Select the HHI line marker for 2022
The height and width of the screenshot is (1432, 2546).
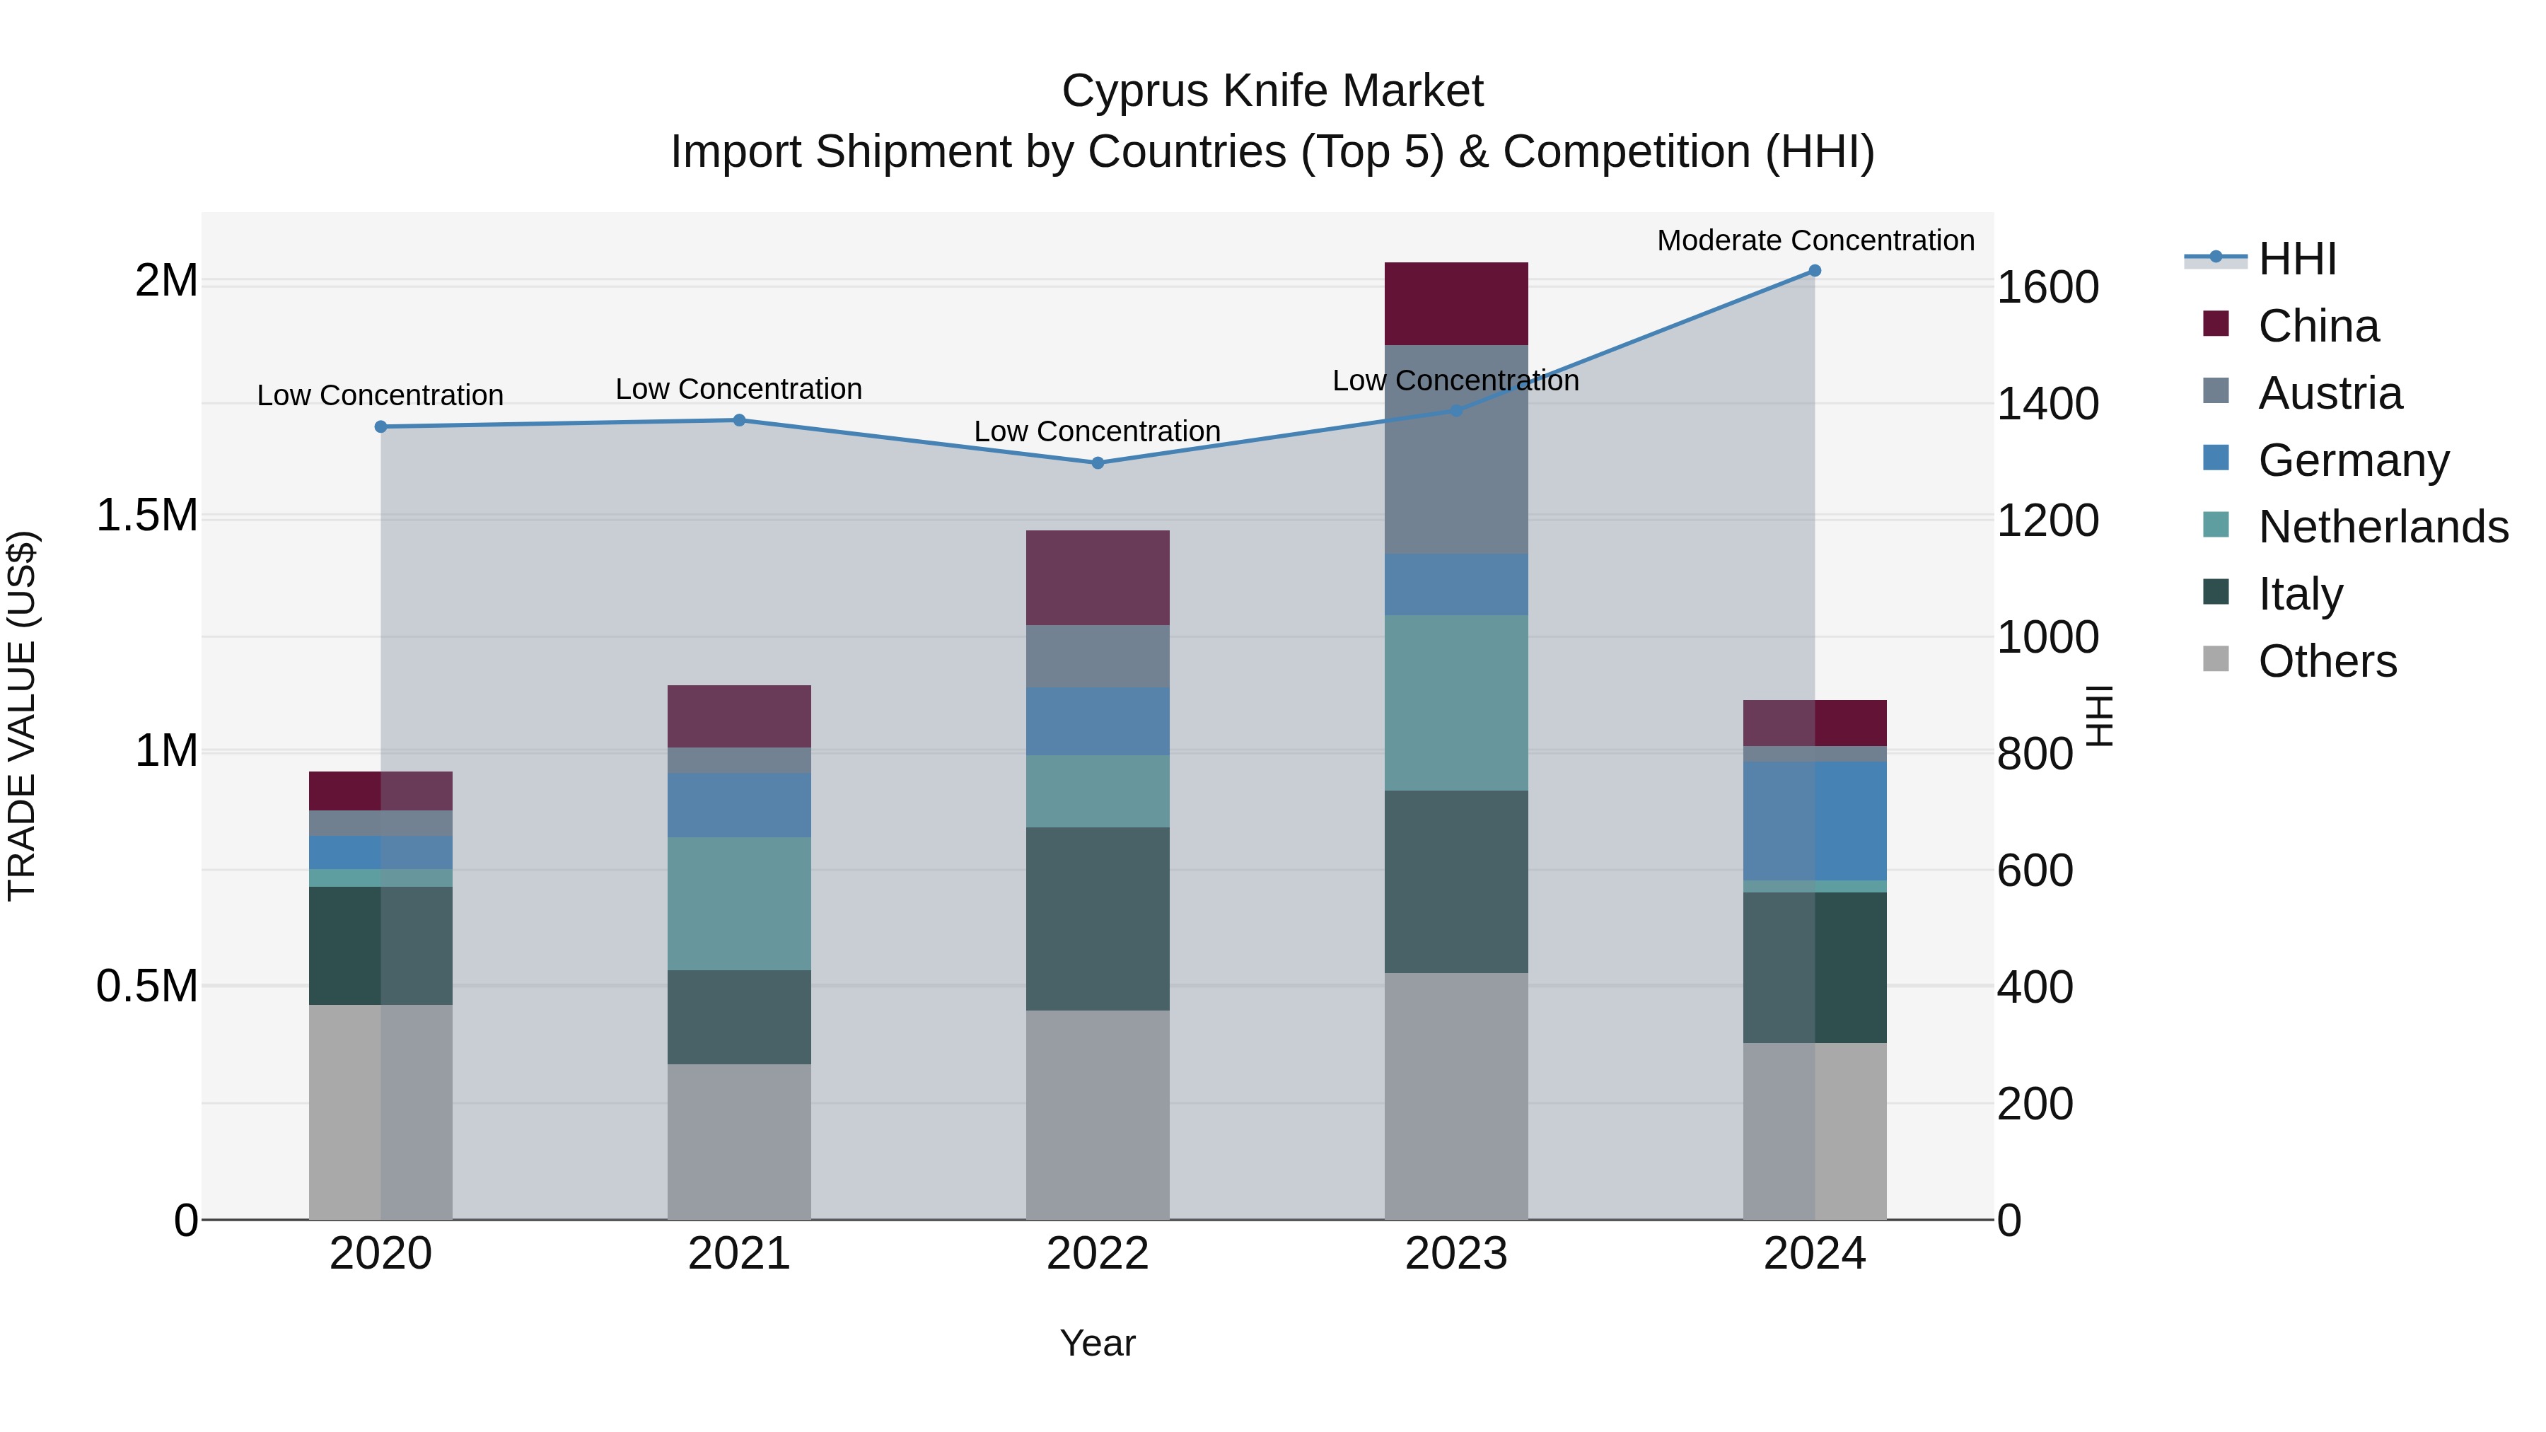(x=1097, y=462)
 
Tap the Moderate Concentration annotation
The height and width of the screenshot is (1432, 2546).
(x=1815, y=240)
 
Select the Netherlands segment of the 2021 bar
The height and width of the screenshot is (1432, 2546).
(x=738, y=903)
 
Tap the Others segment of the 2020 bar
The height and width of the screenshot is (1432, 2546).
(x=380, y=1112)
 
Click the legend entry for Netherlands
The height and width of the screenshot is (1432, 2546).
(x=2382, y=527)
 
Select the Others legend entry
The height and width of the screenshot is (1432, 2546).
(x=2327, y=661)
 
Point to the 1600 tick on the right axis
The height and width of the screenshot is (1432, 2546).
(x=2047, y=288)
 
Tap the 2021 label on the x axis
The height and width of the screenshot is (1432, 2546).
(x=738, y=1254)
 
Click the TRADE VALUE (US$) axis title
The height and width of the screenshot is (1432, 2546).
(x=22, y=716)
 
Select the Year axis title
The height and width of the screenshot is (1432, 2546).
(x=1097, y=1343)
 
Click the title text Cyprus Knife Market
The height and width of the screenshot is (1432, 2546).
(x=1272, y=91)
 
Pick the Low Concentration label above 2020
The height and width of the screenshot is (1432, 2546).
(x=380, y=395)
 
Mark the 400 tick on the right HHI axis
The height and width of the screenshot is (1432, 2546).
(x=2034, y=987)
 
